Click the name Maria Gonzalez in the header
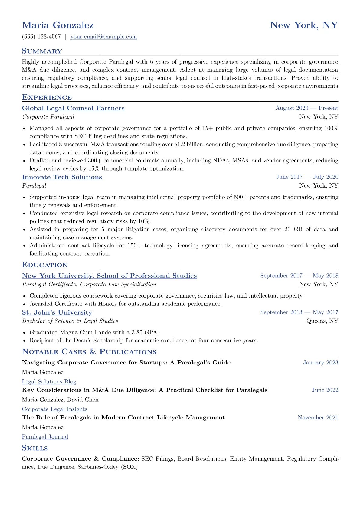point(58,25)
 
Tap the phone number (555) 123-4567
point(41,37)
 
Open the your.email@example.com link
point(103,37)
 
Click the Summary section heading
point(42,51)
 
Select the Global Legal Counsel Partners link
point(73,108)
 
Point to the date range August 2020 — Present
point(307,108)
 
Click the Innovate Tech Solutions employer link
point(62,177)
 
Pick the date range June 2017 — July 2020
point(307,177)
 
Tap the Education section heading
point(45,265)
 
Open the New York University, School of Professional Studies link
point(109,276)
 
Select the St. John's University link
point(57,312)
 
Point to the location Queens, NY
point(322,321)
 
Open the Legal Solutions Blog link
point(49,382)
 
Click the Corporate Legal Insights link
point(54,409)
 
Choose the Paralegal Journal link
point(45,437)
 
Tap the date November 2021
point(318,418)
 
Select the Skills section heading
point(35,448)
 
